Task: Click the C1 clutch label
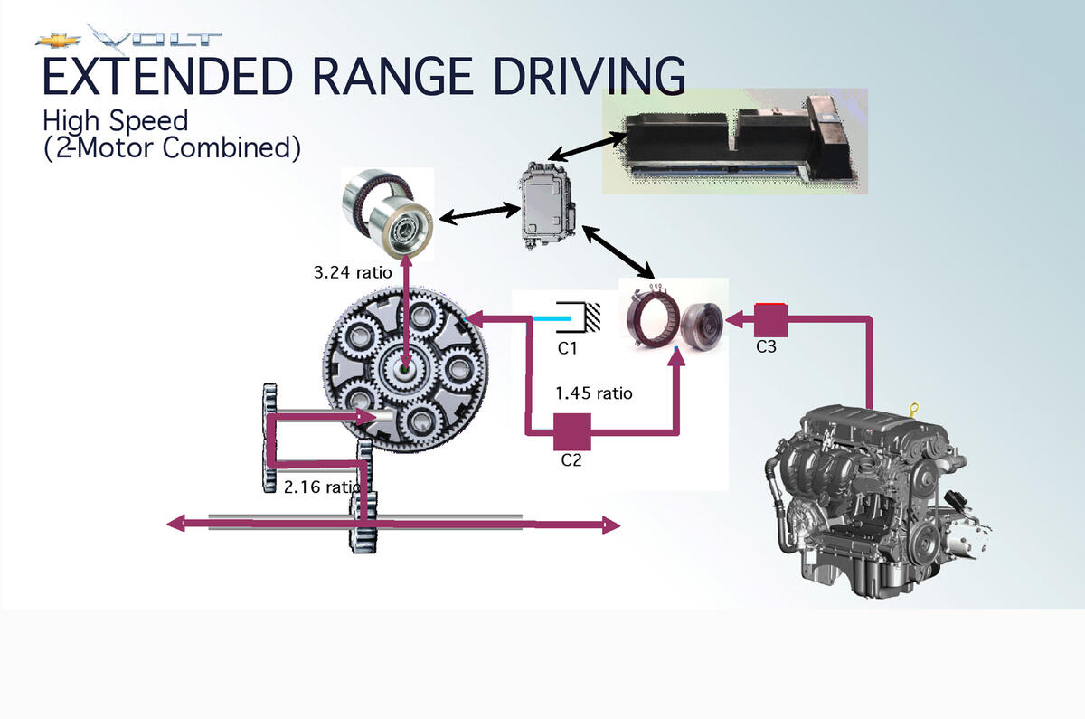pos(567,346)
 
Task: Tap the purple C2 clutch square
pos(571,431)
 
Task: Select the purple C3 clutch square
pos(771,321)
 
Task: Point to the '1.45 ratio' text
pos(594,393)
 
